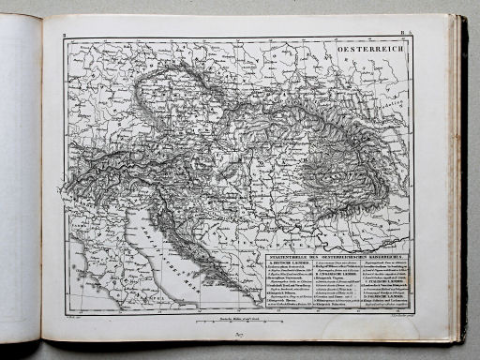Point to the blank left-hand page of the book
point(19,178)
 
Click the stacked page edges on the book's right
point(460,178)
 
